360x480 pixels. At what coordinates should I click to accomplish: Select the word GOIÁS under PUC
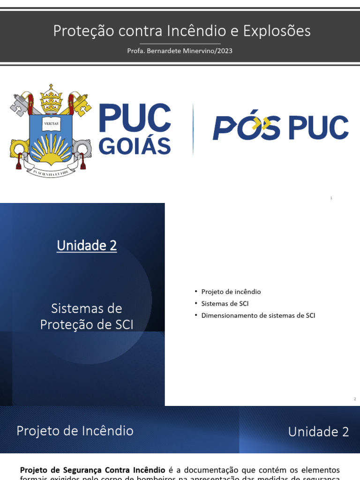pyautogui.click(x=135, y=146)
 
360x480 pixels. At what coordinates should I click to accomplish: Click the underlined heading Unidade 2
pyautogui.click(x=87, y=246)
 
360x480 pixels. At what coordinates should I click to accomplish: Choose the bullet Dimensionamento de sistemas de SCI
pyautogui.click(x=258, y=315)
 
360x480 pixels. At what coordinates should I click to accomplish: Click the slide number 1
pyautogui.click(x=331, y=198)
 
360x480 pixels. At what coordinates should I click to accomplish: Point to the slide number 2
pyautogui.click(x=355, y=399)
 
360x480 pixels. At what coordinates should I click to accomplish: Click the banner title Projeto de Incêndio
pyautogui.click(x=75, y=431)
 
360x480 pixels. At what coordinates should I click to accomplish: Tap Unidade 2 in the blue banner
pyautogui.click(x=318, y=432)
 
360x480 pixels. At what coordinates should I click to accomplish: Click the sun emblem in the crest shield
pyautogui.click(x=51, y=151)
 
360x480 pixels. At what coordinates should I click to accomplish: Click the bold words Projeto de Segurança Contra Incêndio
pyautogui.click(x=92, y=470)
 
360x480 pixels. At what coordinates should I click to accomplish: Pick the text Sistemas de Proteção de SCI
pyautogui.click(x=87, y=316)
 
